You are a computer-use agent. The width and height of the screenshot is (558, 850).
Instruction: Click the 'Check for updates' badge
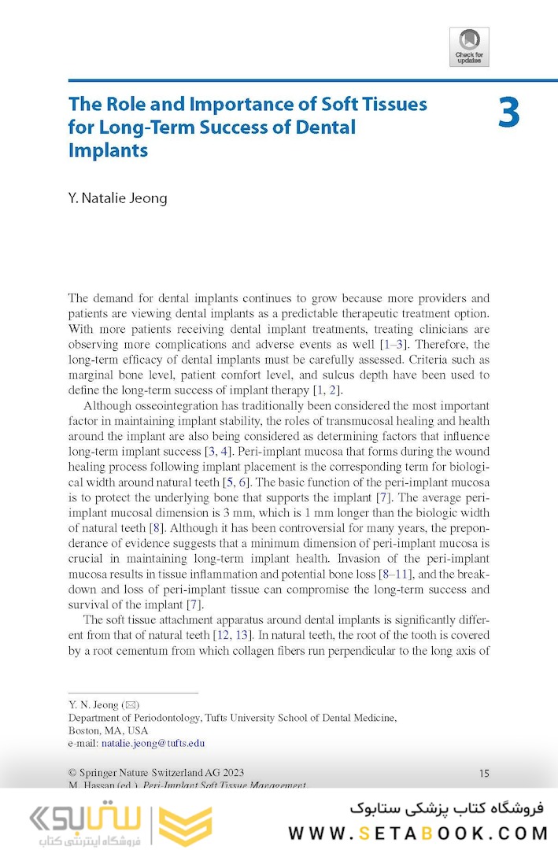(x=469, y=46)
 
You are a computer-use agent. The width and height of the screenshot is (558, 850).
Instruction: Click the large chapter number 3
(x=508, y=113)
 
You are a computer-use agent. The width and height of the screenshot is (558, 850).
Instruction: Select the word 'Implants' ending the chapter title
(x=108, y=150)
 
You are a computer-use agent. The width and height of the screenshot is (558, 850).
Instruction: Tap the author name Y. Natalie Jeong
(x=117, y=198)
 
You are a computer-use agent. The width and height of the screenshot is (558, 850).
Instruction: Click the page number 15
(x=484, y=774)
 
